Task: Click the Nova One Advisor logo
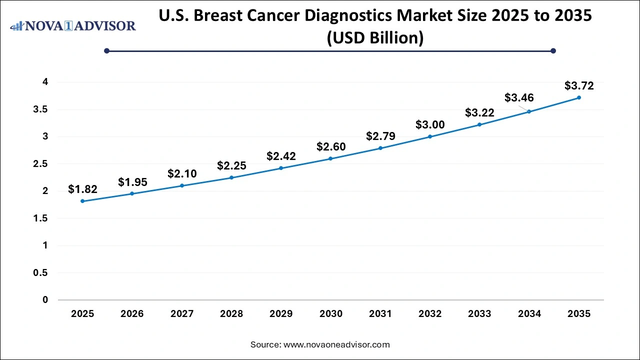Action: (73, 25)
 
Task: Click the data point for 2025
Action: (82, 201)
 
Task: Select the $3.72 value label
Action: (579, 85)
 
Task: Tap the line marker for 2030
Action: (330, 158)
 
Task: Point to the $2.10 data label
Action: (182, 173)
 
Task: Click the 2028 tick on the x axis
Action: (231, 314)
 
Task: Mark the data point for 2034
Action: (529, 111)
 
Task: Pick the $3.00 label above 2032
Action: (430, 124)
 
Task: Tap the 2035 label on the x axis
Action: (579, 314)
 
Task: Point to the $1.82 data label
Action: (82, 189)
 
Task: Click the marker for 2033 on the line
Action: (479, 124)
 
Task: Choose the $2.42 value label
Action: (281, 156)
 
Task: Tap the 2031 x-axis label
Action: (380, 314)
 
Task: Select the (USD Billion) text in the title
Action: (375, 37)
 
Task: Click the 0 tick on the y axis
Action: (45, 300)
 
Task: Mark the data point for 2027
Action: (182, 185)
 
